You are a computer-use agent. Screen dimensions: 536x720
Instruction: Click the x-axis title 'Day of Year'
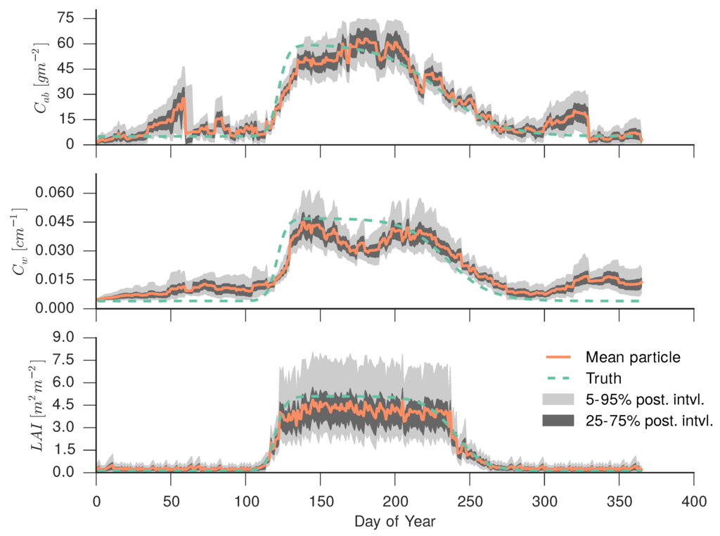(394, 522)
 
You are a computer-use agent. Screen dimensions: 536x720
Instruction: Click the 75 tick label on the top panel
(77, 18)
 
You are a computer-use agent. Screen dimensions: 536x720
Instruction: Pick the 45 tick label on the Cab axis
(77, 69)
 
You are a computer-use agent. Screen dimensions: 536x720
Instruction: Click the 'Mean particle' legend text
(635, 357)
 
